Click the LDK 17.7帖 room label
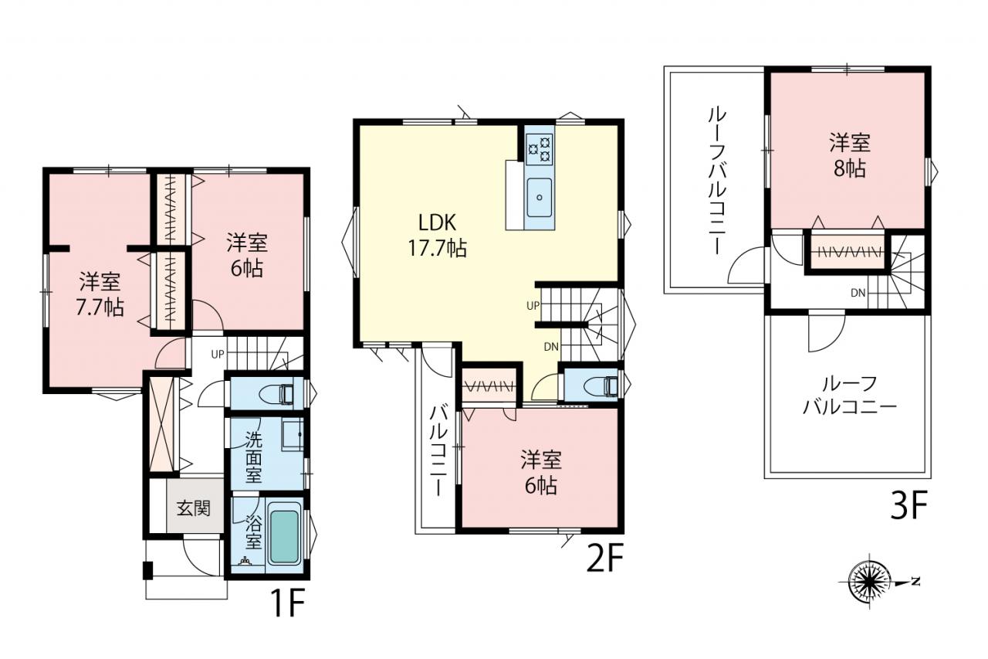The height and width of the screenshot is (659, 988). [x=437, y=236]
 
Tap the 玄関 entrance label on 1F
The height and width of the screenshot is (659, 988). [x=194, y=509]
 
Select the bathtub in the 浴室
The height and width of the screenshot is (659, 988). [x=283, y=537]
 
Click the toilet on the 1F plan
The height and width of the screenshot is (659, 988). [x=279, y=394]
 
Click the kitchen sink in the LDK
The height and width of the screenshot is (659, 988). [x=539, y=197]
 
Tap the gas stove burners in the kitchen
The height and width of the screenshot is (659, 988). [x=540, y=148]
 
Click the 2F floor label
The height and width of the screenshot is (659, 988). [x=604, y=558]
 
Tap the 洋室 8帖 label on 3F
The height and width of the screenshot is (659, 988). [x=850, y=155]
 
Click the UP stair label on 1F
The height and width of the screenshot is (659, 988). [x=218, y=354]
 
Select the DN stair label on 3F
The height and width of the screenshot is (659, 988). [x=858, y=293]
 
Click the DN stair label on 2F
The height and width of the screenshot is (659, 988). [x=551, y=347]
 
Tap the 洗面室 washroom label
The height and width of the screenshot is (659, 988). [x=254, y=457]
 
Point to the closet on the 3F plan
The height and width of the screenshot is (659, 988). [x=848, y=252]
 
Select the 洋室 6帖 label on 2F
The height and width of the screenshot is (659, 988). [x=541, y=472]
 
